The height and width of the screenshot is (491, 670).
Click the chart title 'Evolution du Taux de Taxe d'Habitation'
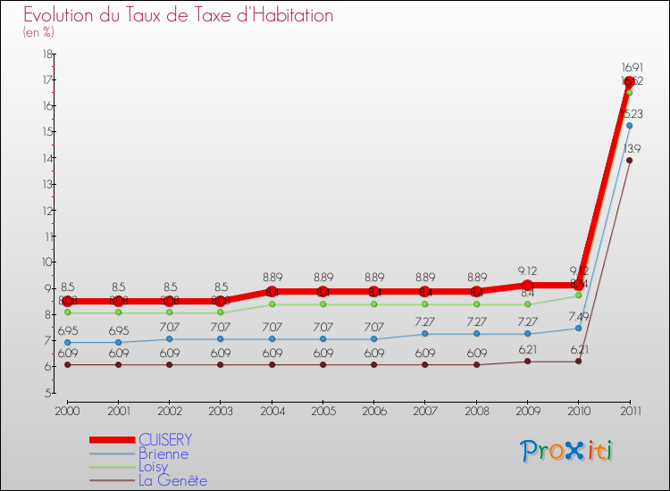tap(179, 15)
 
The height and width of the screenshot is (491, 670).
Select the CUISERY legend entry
tap(166, 440)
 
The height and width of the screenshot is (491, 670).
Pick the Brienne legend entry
tap(163, 454)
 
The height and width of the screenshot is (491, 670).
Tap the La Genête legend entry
tap(172, 480)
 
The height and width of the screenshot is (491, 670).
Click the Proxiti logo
tap(567, 451)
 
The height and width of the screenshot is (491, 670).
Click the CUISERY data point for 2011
tap(629, 82)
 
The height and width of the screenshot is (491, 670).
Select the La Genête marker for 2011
tap(629, 161)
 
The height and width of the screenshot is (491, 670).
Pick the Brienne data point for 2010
tap(578, 328)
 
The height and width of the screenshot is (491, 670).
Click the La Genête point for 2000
tap(66, 364)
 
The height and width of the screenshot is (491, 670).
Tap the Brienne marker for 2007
tap(424, 334)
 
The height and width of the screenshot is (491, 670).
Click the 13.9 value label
tap(632, 148)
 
